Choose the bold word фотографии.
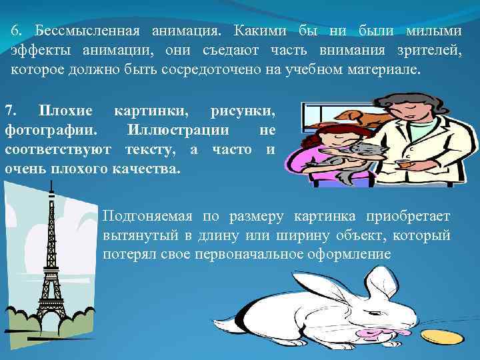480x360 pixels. pyautogui.click(x=50, y=129)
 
